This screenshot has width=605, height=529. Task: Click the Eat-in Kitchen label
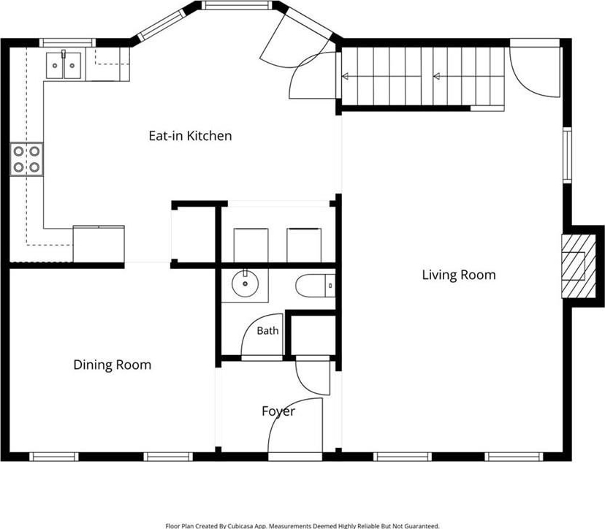click(190, 136)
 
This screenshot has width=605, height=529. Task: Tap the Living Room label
click(459, 275)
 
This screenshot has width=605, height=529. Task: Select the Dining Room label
click(113, 365)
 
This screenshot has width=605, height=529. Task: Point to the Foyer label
click(278, 411)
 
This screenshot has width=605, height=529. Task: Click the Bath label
click(267, 331)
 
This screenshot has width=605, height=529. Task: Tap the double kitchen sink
click(64, 66)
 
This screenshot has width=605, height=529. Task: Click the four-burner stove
click(26, 159)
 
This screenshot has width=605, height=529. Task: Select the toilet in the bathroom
click(315, 286)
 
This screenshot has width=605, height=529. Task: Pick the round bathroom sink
click(245, 283)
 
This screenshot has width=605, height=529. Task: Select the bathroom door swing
click(262, 335)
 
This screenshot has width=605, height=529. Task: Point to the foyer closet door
click(313, 377)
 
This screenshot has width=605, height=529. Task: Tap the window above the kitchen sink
click(67, 42)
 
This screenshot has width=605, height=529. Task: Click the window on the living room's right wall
click(567, 155)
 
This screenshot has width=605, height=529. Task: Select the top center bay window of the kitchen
click(237, 5)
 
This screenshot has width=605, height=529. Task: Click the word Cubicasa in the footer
click(240, 526)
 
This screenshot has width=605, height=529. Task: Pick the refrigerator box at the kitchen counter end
click(99, 244)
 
